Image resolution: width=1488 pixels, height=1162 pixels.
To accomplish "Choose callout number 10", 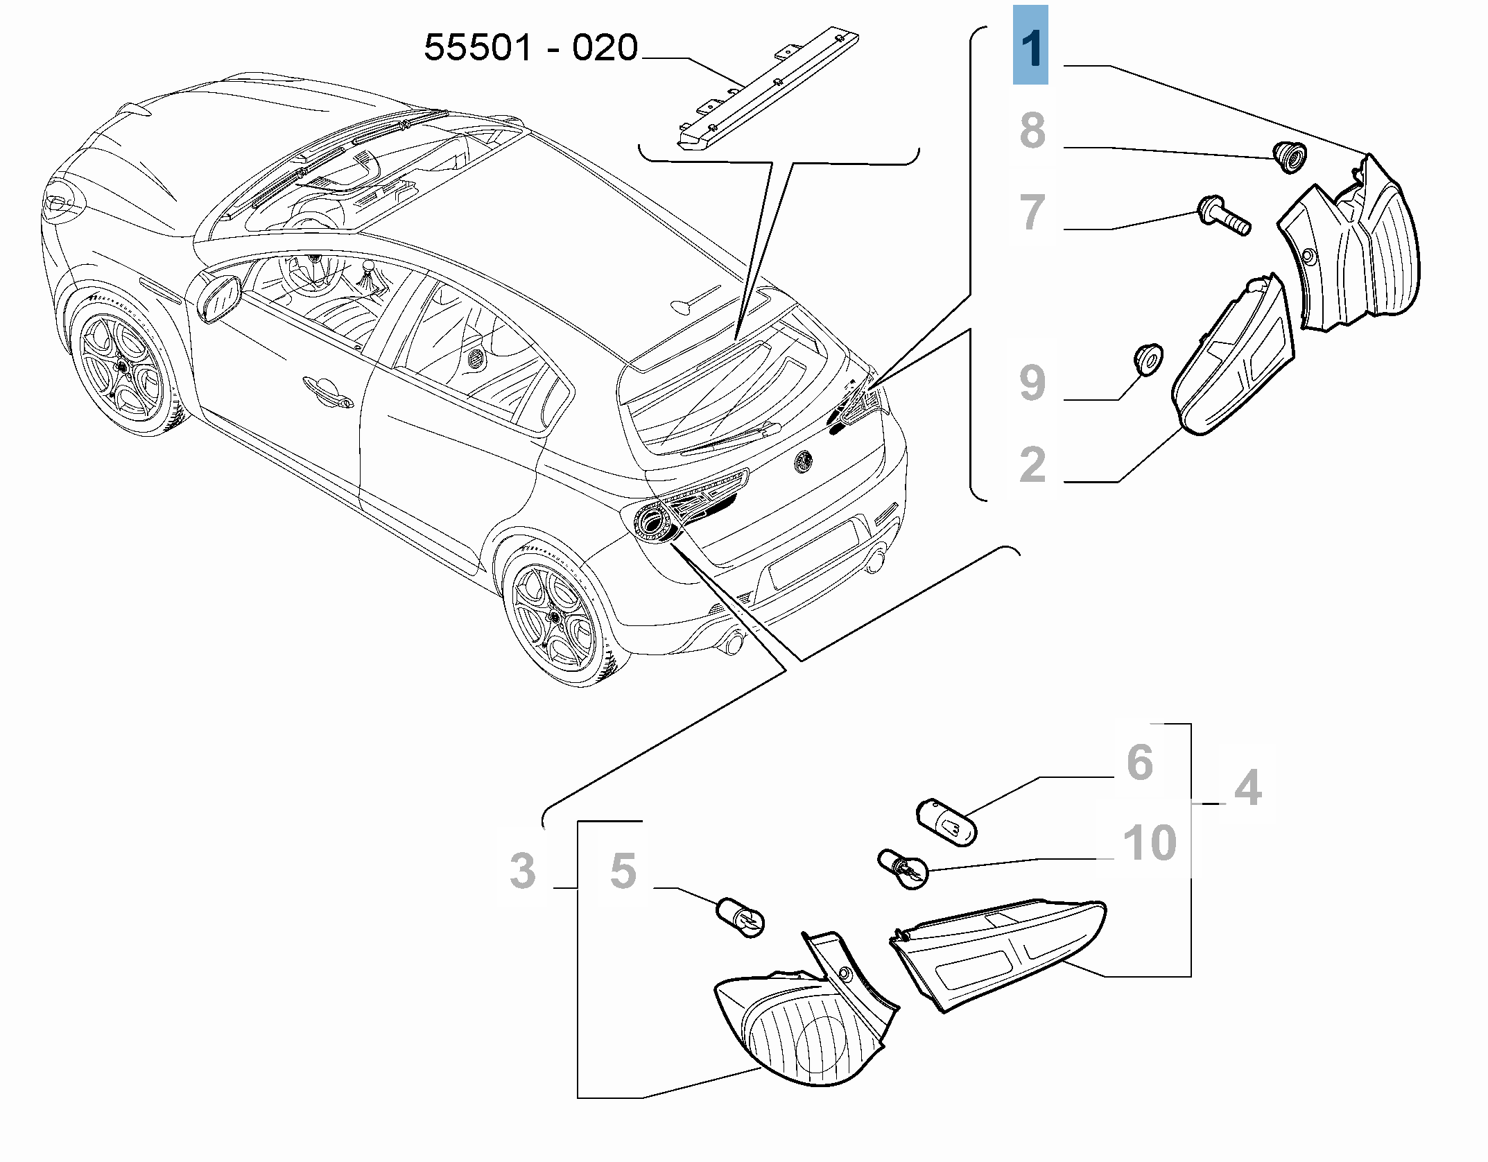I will click(1150, 842).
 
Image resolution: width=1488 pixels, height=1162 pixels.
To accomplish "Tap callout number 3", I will click(522, 870).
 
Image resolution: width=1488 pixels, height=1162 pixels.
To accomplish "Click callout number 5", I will click(623, 870).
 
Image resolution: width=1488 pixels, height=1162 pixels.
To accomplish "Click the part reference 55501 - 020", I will click(530, 48).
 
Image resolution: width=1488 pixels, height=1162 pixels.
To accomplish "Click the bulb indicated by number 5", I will click(741, 918).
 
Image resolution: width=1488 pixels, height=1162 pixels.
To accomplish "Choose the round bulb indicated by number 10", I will click(901, 867).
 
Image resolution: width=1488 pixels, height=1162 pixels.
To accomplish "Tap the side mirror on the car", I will click(218, 299).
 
